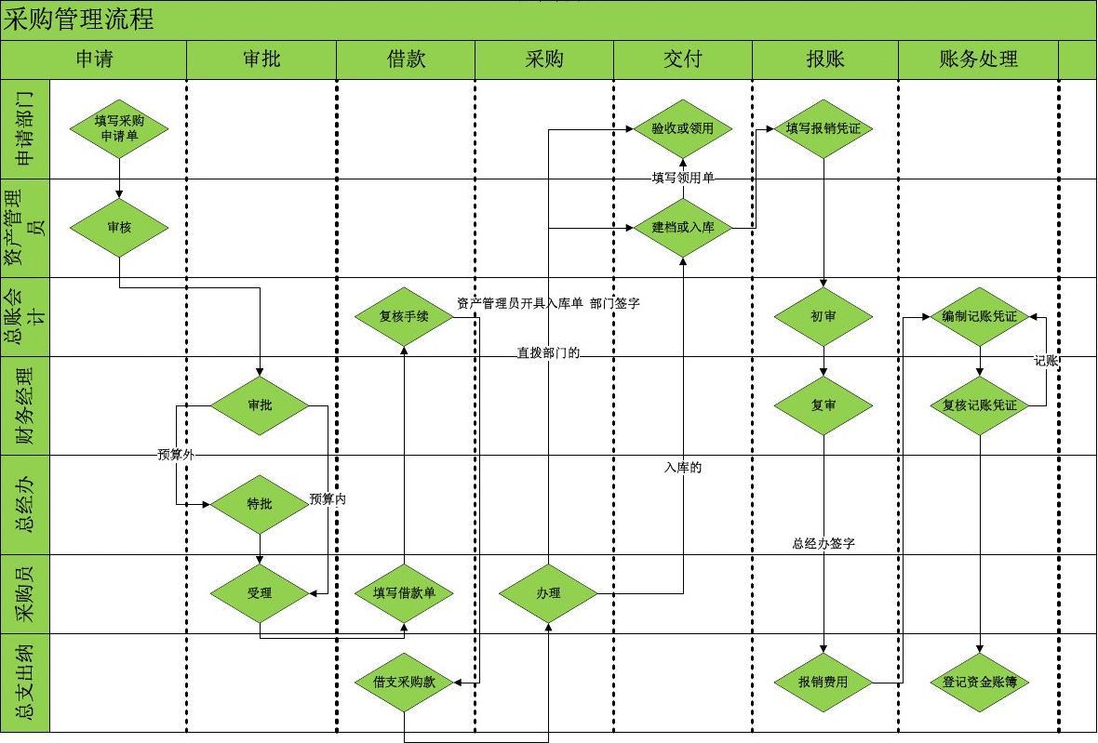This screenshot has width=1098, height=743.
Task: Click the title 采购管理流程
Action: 79,20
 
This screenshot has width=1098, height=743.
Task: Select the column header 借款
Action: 406,60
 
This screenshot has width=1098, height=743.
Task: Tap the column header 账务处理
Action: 978,60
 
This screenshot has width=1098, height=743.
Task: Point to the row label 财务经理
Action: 25,405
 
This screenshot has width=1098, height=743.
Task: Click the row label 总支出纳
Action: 25,683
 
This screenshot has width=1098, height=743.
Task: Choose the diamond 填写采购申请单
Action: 119,128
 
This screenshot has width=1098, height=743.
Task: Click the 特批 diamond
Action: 260,504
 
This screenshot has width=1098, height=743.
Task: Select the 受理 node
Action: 260,592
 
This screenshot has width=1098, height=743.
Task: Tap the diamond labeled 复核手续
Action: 404,316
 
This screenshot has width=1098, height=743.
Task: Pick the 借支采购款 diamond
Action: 404,682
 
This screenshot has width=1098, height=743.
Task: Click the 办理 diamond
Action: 548,592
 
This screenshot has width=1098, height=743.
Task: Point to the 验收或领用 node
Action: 682,128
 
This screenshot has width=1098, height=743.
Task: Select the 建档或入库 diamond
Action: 682,227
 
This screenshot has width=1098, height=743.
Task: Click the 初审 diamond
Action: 823,316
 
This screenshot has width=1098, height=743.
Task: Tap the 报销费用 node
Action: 823,682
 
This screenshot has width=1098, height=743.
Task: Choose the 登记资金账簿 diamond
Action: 979,682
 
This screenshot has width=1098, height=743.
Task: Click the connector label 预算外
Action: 176,455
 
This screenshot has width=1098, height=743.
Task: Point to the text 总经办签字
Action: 823,544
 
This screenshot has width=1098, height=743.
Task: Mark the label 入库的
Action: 683,468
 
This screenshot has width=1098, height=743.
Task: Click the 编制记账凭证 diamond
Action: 979,316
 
